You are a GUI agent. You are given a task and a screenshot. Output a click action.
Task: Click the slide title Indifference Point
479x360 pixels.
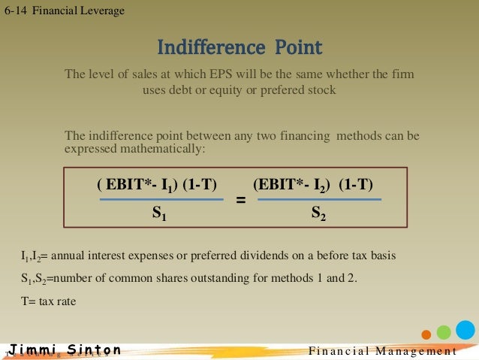coord(239,48)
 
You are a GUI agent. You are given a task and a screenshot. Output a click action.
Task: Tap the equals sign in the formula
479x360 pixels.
coord(241,201)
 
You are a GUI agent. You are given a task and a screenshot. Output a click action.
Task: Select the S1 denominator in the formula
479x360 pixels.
coord(159,214)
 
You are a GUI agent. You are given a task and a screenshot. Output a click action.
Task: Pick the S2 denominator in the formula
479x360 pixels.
coord(318,214)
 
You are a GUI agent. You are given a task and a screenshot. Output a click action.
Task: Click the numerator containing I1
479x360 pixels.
coord(156,184)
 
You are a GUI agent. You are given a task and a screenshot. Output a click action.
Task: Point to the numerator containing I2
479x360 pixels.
coord(313,184)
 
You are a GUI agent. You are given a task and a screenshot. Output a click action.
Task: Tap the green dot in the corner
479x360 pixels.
coord(444,332)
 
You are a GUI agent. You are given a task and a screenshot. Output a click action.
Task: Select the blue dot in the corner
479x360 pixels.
coord(465,329)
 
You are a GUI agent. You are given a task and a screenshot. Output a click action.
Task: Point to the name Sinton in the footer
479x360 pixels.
coord(93,350)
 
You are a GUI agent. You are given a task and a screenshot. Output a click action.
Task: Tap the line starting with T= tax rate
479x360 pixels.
coord(49,301)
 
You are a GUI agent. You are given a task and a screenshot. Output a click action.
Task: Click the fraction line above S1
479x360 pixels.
coord(161,200)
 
